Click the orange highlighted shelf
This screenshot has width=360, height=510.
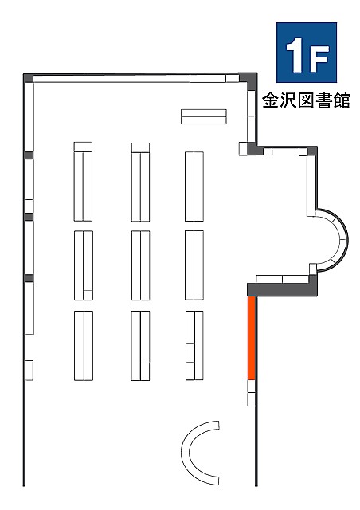point(252,338)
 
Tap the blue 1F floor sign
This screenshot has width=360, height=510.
point(307,53)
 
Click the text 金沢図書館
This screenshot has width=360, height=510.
point(307,100)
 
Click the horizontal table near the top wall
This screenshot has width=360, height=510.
point(204,116)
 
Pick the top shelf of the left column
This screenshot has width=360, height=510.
point(83,182)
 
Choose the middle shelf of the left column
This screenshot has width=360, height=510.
point(84,265)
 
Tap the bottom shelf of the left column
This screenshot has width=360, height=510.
point(84,346)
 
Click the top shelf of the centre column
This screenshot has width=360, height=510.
point(140,182)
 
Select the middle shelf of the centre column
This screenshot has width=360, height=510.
point(140,265)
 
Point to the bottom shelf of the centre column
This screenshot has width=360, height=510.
point(140,346)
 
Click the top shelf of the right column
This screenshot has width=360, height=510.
point(194,186)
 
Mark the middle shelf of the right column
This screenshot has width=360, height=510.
point(194,265)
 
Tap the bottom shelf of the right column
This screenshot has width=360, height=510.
point(194,345)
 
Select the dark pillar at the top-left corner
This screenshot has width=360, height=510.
point(29,78)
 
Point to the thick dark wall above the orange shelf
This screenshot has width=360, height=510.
point(282,289)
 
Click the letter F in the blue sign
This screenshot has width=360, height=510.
point(319,58)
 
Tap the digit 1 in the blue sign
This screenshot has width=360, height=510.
point(295,55)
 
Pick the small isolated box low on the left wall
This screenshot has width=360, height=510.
point(29,370)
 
